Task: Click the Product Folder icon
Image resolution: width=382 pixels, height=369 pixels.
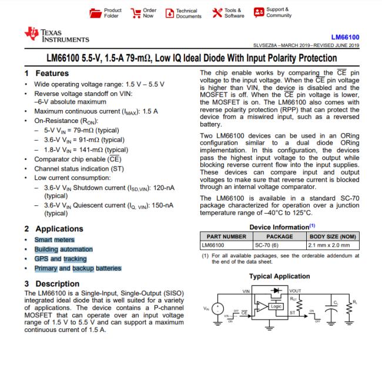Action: tap(95, 13)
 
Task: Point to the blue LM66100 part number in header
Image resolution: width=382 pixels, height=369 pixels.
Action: tap(346, 37)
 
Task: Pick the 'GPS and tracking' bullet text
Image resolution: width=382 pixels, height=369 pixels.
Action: tap(60, 259)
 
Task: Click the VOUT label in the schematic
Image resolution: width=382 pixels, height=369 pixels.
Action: tap(295, 290)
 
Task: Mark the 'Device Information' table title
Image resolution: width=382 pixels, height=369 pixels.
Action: tap(279, 227)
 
